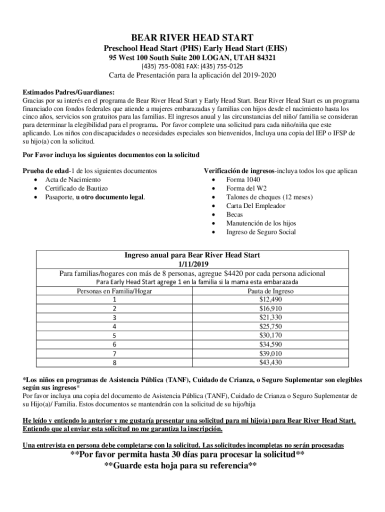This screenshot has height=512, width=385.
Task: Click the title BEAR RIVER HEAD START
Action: (x=192, y=37)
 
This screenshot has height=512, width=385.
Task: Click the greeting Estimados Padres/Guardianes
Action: (x=68, y=92)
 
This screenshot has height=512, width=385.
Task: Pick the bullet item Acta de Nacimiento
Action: (x=73, y=179)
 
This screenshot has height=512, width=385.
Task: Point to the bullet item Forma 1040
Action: (x=243, y=179)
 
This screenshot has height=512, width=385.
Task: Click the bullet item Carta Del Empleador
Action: (x=255, y=206)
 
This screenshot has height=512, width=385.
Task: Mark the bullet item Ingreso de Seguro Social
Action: (x=260, y=232)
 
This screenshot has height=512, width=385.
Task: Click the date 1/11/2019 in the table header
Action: (x=192, y=264)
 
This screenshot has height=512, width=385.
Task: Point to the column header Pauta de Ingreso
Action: (x=270, y=291)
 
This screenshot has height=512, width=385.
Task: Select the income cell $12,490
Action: (x=270, y=299)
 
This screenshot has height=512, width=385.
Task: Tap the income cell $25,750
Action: (x=270, y=326)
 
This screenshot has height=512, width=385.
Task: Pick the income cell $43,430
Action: (x=270, y=362)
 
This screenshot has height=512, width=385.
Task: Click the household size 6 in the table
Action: (x=114, y=344)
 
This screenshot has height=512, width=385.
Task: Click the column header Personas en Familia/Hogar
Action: (x=114, y=291)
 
